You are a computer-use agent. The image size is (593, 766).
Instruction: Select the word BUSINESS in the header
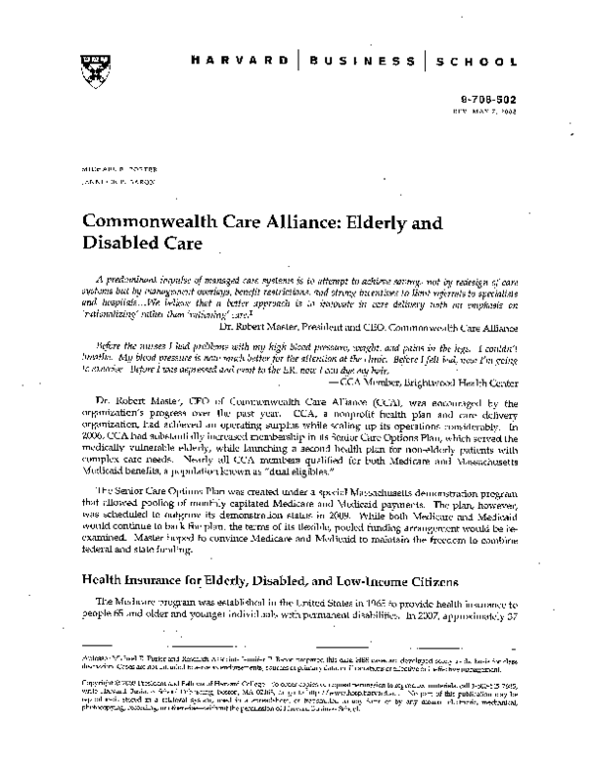tap(365, 59)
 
